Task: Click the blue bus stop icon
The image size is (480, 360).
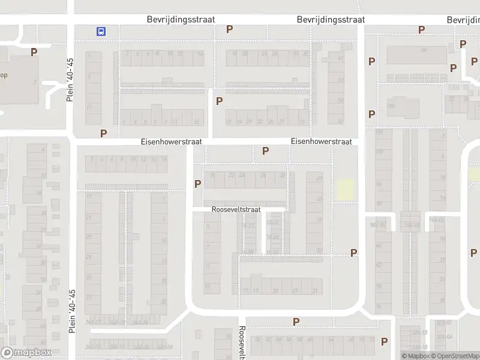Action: point(101,31)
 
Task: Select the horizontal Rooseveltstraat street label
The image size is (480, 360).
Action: point(236,210)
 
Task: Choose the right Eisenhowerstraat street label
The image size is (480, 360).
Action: point(321,142)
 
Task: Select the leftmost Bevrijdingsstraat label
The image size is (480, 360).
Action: point(181,20)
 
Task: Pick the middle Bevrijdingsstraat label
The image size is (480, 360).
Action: point(331,20)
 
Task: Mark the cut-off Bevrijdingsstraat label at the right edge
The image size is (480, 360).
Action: point(463,20)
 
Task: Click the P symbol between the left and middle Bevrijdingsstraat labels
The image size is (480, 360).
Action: point(229,29)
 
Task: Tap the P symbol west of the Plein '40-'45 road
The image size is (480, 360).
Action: point(34,52)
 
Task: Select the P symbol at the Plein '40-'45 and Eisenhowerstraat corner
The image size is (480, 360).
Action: point(104,133)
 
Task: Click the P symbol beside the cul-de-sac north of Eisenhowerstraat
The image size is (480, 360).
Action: point(219,101)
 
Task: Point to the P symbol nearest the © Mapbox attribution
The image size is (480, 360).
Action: point(385,341)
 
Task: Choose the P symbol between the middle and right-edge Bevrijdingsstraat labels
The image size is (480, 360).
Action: point(421,29)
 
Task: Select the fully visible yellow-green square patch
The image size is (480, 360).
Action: point(344,190)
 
